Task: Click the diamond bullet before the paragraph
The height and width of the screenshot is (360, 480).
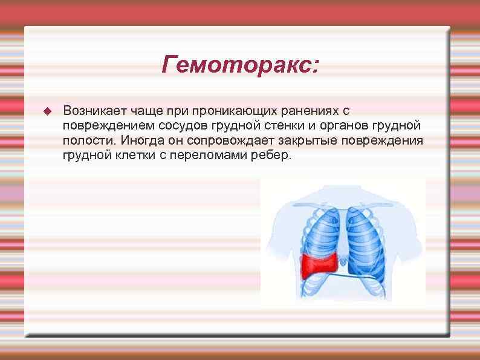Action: (48, 111)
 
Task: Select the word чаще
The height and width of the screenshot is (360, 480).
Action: (143, 111)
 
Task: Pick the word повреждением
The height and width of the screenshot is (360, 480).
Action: (107, 126)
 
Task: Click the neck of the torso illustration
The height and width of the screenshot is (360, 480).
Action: (343, 192)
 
